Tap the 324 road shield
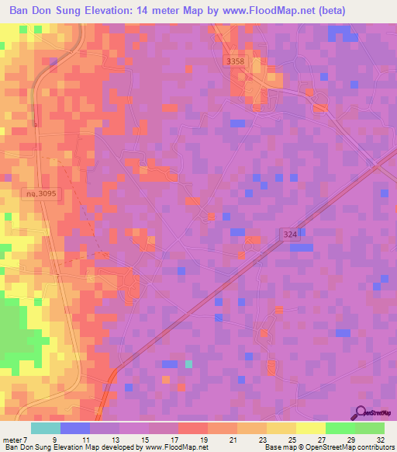[288, 233]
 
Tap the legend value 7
[24, 439]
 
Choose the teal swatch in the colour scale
[46, 428]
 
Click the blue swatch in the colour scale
[75, 428]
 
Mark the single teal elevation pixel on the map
[188, 363]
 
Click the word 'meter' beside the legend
[11, 439]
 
